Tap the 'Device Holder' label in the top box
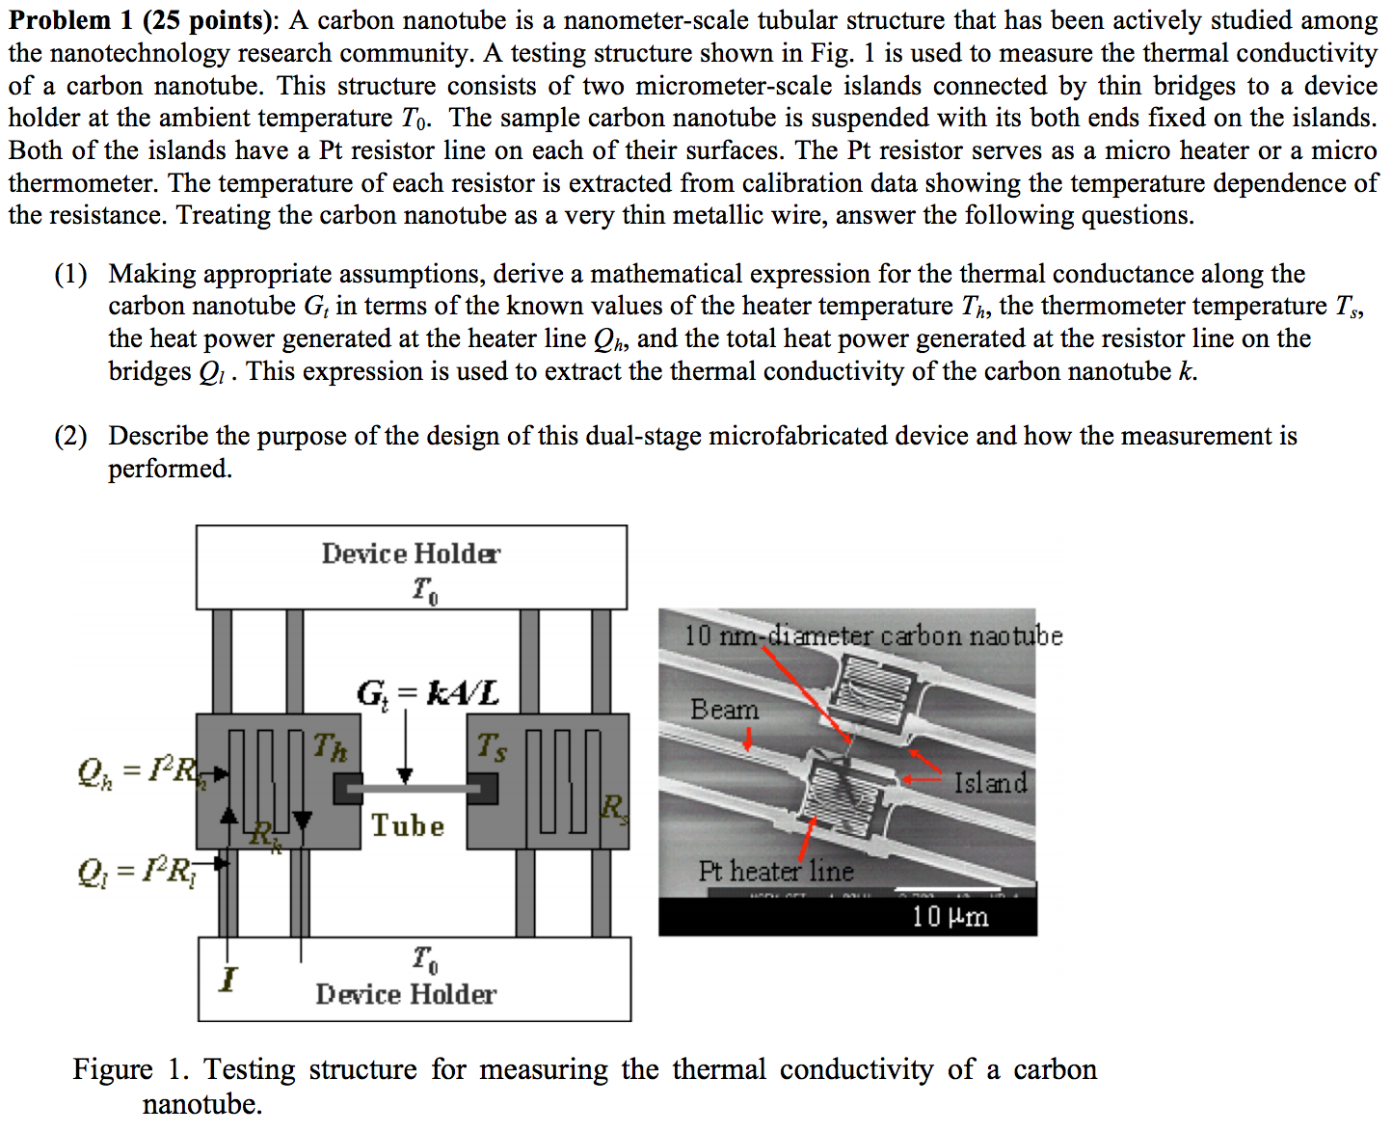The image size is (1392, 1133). [x=411, y=553]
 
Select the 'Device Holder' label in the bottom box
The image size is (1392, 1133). [x=406, y=994]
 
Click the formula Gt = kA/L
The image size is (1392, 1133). [x=428, y=692]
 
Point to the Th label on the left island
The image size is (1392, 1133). [x=330, y=747]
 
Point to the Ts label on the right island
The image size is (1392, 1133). [x=492, y=746]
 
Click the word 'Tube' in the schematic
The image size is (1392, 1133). [x=408, y=826]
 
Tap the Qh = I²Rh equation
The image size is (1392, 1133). [x=145, y=771]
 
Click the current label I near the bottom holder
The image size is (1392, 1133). [x=228, y=980]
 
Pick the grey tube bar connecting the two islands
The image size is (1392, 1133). [x=415, y=789]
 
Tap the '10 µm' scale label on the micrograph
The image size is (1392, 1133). [x=950, y=916]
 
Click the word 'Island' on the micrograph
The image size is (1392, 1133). [x=990, y=782]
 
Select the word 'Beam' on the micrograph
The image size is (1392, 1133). [x=724, y=710]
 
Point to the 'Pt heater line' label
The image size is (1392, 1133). [x=776, y=872]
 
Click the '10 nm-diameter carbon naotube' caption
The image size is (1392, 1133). [x=873, y=636]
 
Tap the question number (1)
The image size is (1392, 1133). [x=71, y=275]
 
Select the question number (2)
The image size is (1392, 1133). [x=71, y=437]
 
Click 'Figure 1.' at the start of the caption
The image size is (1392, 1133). [x=130, y=1069]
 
